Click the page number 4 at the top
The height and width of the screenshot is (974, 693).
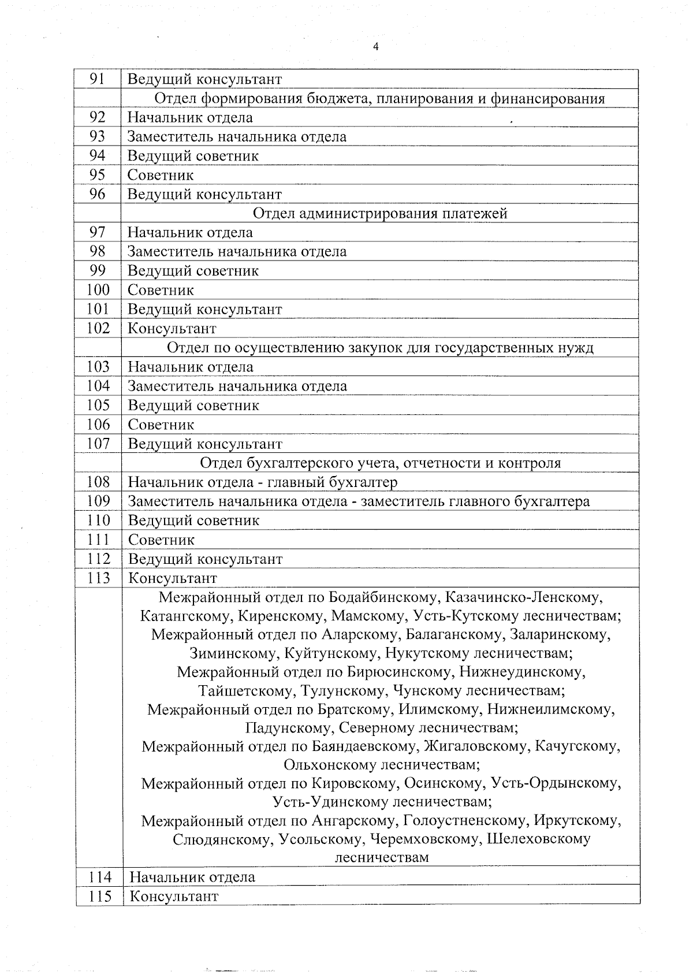pos(376,47)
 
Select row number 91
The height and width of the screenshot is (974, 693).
pos(97,79)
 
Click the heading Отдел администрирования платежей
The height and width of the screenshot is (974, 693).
pos(380,213)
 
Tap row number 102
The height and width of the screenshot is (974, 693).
pos(98,328)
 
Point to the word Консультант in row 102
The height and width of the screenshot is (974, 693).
pos(172,329)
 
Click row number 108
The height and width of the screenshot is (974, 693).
pos(98,482)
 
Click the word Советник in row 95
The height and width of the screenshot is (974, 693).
pos(160,175)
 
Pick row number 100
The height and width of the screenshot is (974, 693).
pos(98,290)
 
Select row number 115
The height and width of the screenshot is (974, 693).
pos(99,896)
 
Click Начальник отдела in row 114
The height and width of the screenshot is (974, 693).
pos(192,877)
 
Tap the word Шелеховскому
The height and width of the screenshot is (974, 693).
pos(539,839)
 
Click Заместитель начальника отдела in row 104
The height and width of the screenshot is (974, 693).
pos(237,386)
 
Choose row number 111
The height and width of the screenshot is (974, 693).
pos(98,540)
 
